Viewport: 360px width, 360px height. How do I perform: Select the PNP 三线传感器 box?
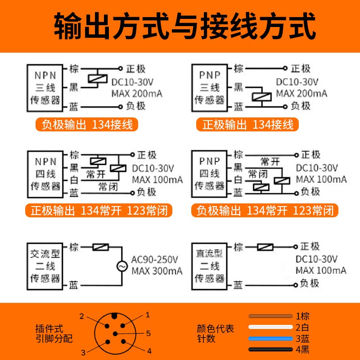point(209,88)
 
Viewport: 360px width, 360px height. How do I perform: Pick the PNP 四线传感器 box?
point(209,173)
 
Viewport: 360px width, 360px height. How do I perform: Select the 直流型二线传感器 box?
point(209,266)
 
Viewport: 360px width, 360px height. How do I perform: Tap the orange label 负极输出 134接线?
point(87,125)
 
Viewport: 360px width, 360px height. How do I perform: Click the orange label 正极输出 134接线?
point(248,125)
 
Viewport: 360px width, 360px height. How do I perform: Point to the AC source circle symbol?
point(121,266)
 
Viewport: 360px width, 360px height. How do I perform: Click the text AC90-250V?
point(155,260)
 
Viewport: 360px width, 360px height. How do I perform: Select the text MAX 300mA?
point(157,271)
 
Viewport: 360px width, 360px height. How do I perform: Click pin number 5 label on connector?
point(148,333)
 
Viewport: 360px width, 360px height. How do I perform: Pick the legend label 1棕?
point(302,316)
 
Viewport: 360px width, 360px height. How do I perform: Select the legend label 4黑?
point(302,350)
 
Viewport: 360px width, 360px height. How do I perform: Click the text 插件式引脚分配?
point(54,333)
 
